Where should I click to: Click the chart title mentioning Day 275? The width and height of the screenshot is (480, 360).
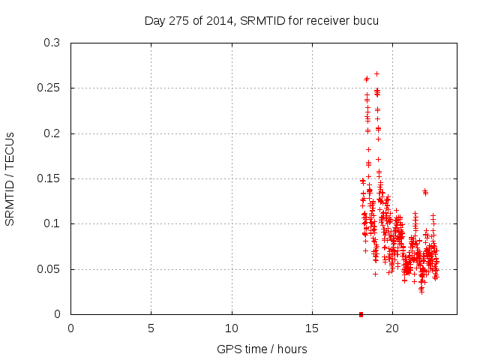(x=261, y=20)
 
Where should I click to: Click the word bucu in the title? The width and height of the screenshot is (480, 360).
(x=365, y=20)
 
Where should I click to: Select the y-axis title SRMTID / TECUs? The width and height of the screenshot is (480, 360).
(x=10, y=178)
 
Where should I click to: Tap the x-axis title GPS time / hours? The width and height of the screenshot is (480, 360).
(x=262, y=349)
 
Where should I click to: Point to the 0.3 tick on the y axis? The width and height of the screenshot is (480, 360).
(x=52, y=43)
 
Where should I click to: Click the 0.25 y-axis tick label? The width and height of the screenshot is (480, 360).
(x=49, y=88)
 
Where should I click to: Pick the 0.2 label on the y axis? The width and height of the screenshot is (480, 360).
(x=52, y=133)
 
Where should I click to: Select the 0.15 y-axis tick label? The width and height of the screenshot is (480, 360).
(x=49, y=179)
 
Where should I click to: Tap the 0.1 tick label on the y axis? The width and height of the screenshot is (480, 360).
(x=52, y=224)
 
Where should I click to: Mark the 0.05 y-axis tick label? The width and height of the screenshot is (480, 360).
(x=49, y=269)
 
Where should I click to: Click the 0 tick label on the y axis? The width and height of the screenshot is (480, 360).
(x=58, y=314)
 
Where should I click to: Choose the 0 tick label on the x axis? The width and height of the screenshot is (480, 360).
(x=71, y=328)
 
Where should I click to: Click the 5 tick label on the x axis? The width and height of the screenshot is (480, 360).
(x=151, y=328)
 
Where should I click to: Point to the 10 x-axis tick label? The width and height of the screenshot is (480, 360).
(x=232, y=328)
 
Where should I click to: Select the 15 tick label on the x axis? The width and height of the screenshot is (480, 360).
(x=312, y=328)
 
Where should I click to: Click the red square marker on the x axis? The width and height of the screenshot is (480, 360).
(x=361, y=314)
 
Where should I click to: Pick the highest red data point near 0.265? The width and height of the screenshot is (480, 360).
(x=376, y=74)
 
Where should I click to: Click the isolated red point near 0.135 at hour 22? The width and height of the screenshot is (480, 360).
(x=425, y=192)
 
